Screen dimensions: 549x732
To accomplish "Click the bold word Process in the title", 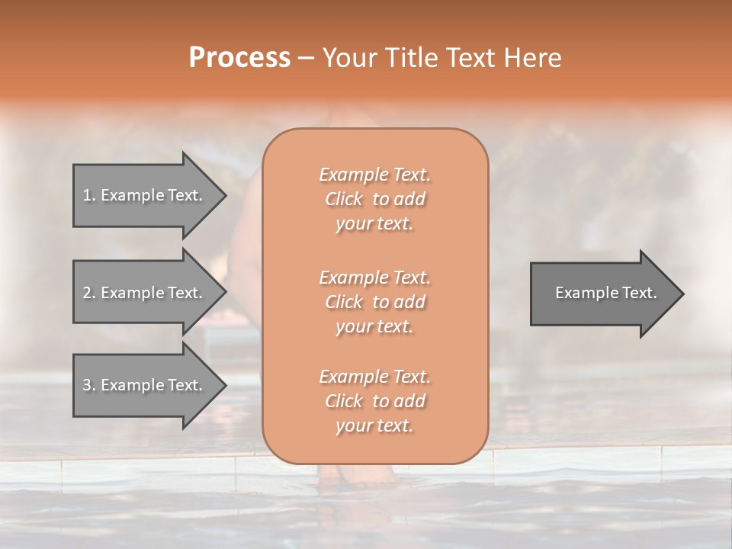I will click(239, 58).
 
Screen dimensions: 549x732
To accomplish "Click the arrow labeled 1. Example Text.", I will click(145, 195).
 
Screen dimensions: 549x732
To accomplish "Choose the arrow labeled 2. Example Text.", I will click(145, 293).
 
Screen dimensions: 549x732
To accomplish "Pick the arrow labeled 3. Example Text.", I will click(145, 385).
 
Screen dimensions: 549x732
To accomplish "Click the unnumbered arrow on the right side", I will click(602, 293).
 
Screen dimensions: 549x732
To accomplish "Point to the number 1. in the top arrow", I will click(89, 195).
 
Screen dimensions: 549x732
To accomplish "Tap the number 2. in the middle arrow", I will click(89, 293).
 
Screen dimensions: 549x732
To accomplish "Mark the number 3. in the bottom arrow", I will click(89, 385).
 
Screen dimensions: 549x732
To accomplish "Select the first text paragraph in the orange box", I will click(374, 199).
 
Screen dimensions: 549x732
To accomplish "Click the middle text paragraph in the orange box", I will click(374, 301).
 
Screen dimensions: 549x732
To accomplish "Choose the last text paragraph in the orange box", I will click(374, 401).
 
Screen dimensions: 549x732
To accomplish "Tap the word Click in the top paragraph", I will click(344, 199).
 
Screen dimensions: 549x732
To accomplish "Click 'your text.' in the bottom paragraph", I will click(374, 425).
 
